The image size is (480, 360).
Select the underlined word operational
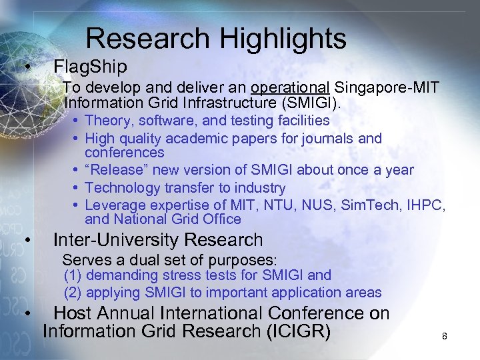point(291,88)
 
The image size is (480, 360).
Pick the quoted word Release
point(117,170)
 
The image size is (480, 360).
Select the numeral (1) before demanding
point(73,275)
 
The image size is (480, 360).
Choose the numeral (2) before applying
point(73,292)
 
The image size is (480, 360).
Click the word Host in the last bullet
point(76,313)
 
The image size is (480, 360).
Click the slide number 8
point(445,337)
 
